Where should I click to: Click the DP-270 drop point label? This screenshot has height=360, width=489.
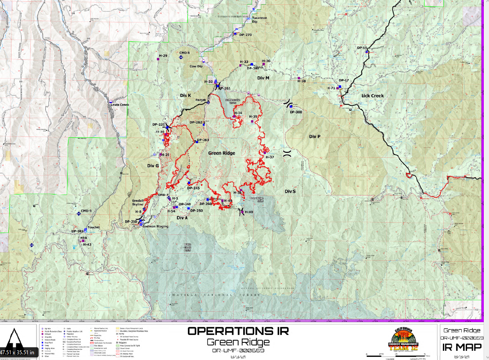(x=245, y=35)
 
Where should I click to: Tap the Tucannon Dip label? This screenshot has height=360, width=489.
(x=259, y=20)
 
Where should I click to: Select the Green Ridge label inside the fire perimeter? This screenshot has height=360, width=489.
(x=221, y=153)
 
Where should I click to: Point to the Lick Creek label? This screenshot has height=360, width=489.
(x=372, y=96)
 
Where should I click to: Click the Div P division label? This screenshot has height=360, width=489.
(x=314, y=137)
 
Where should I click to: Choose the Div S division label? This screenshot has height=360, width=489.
(x=290, y=191)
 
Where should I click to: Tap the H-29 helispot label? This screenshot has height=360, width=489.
(x=163, y=56)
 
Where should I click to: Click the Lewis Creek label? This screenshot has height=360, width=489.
(x=120, y=105)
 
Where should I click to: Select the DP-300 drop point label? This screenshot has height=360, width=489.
(x=296, y=112)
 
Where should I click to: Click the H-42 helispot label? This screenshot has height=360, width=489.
(x=87, y=244)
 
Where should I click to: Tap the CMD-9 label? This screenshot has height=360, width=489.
(x=86, y=211)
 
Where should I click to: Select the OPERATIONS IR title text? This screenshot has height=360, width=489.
(x=238, y=331)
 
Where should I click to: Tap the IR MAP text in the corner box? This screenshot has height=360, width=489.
(x=463, y=347)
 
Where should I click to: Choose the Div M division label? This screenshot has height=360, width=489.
(x=263, y=78)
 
